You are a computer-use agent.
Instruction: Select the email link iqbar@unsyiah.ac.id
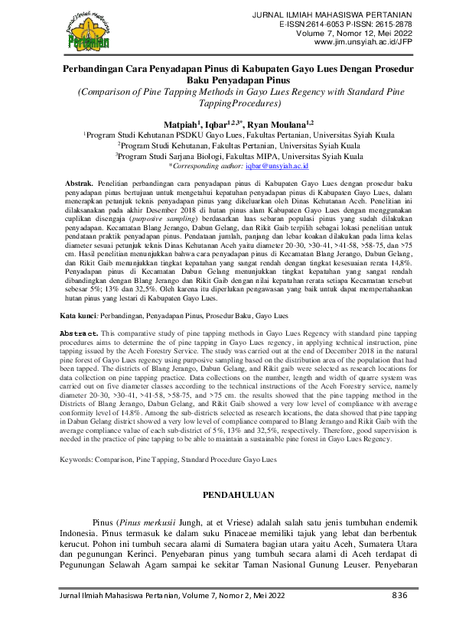(x=275, y=164)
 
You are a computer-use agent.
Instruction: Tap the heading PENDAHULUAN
(x=227, y=495)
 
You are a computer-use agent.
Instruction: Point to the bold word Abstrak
(x=79, y=184)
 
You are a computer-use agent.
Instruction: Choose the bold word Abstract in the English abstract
(x=79, y=334)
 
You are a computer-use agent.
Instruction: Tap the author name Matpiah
(x=181, y=123)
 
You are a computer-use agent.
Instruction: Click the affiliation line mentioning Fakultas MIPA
(x=228, y=154)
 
